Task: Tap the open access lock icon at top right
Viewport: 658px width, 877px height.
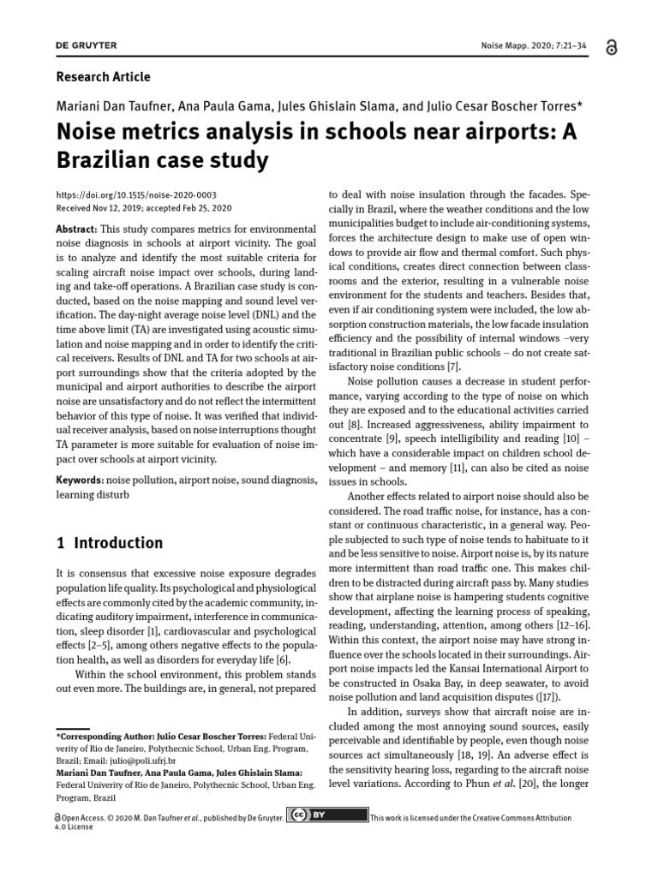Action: coord(610,48)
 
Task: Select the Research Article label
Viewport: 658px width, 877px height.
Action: coord(103,77)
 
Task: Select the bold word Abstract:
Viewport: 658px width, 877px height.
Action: coord(77,230)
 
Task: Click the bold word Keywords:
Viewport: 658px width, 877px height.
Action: coord(80,480)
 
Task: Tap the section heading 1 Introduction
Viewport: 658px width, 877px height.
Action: coord(110,543)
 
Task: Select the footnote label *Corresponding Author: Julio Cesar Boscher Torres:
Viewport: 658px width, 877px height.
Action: coord(161,736)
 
